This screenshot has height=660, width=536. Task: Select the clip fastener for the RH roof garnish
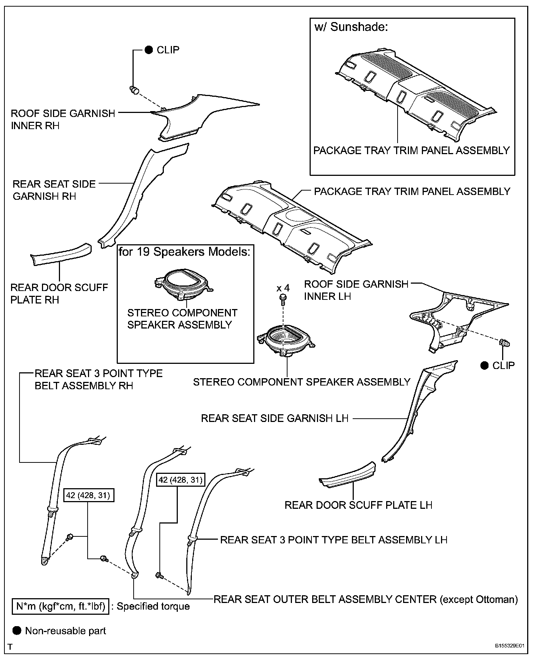click(134, 90)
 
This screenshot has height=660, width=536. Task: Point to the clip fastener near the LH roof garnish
click(505, 343)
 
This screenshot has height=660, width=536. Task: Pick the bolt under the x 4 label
click(283, 298)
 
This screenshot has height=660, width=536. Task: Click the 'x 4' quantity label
click(283, 288)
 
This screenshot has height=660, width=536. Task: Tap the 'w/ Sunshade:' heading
click(351, 27)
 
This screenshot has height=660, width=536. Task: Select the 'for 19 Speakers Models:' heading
click(184, 252)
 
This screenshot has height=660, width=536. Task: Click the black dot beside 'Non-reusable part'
click(17, 631)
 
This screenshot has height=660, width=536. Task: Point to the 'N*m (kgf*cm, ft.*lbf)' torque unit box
click(61, 606)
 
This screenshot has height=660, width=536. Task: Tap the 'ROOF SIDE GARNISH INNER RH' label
click(63, 119)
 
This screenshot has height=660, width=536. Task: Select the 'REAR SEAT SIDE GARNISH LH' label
click(274, 418)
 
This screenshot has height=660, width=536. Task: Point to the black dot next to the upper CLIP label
click(149, 50)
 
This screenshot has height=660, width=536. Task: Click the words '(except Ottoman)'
click(479, 599)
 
